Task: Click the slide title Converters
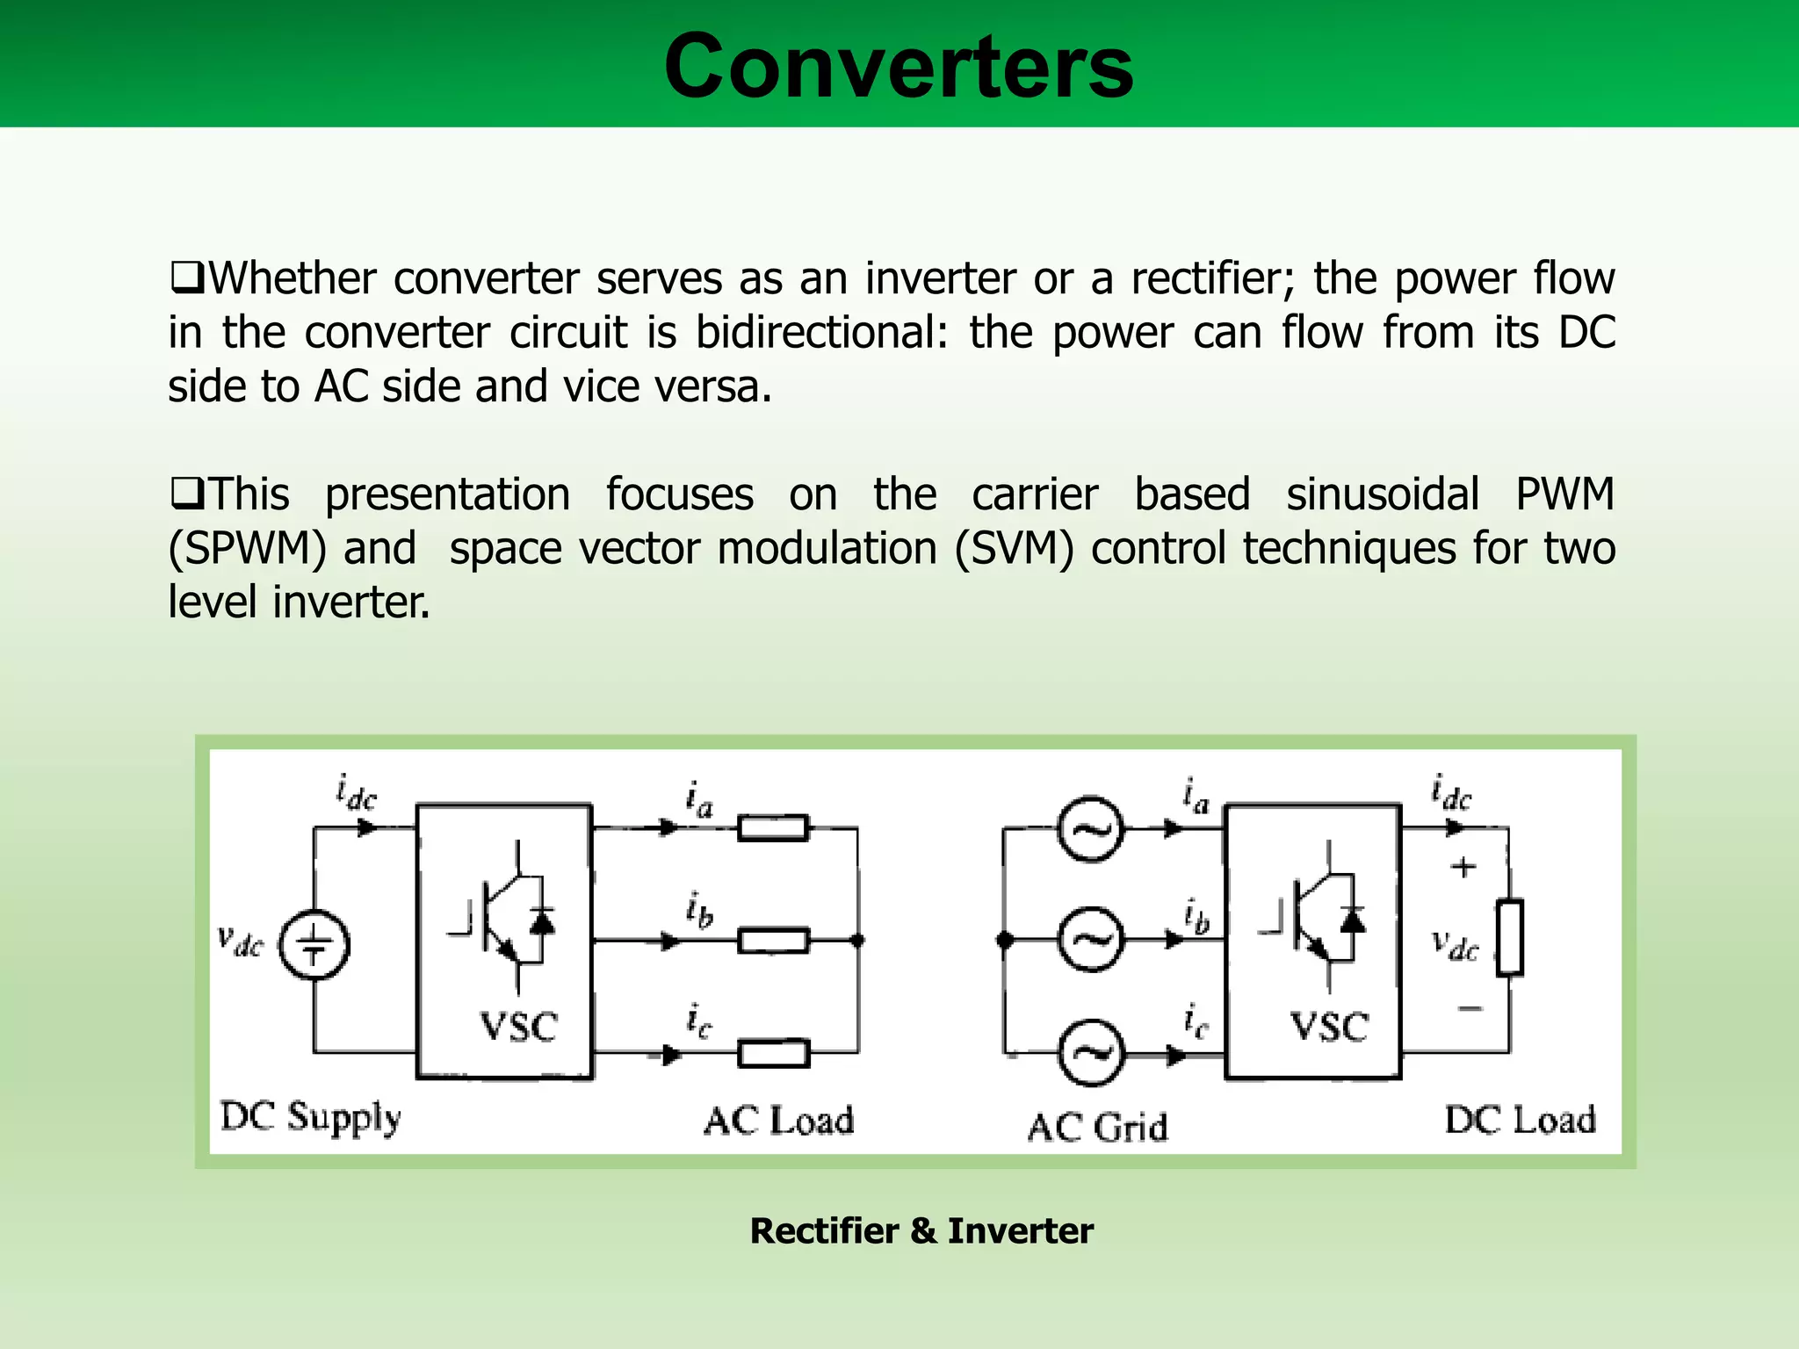(x=899, y=67)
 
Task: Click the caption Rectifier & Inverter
(x=921, y=1230)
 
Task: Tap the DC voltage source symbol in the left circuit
(x=314, y=945)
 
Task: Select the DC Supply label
(x=310, y=1118)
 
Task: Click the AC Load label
(x=778, y=1121)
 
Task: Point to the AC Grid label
(x=1097, y=1127)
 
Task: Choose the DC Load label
(x=1520, y=1120)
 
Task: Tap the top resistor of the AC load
(x=773, y=828)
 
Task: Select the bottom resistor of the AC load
(x=773, y=1053)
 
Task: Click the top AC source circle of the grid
(x=1090, y=829)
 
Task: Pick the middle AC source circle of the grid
(x=1090, y=941)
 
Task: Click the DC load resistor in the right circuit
(x=1509, y=937)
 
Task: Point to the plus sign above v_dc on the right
(x=1463, y=868)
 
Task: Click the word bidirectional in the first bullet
(x=821, y=333)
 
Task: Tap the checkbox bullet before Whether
(x=186, y=278)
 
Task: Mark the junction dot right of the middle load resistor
(x=858, y=941)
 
